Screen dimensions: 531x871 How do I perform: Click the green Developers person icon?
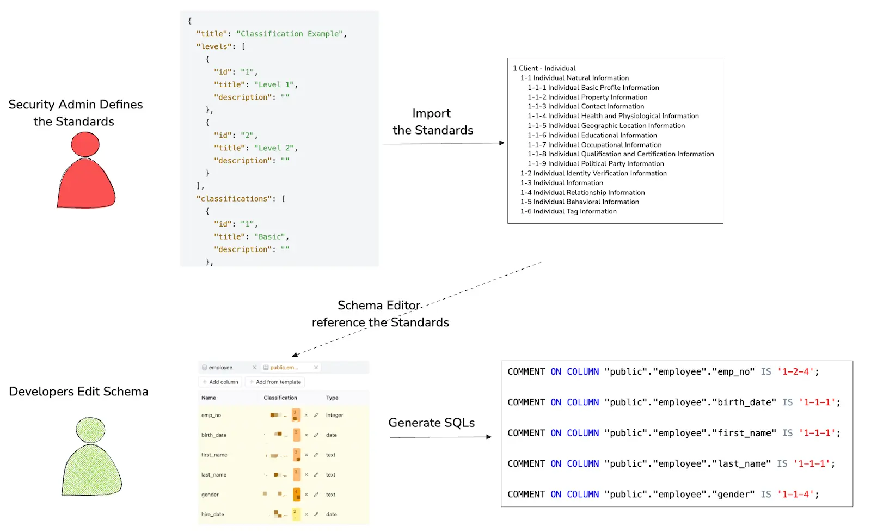(x=91, y=457)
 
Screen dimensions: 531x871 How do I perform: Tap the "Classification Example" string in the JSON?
(x=289, y=34)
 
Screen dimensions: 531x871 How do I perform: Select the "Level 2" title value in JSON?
(x=274, y=148)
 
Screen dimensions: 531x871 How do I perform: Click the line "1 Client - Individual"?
(x=544, y=68)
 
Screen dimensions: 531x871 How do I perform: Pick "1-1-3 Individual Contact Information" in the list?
(x=586, y=107)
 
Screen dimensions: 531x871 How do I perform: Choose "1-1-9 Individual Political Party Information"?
(x=596, y=164)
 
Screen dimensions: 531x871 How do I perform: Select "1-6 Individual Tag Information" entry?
(x=568, y=212)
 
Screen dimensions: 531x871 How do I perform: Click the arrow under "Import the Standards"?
(x=444, y=144)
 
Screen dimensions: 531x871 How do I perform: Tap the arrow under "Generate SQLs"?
(x=440, y=437)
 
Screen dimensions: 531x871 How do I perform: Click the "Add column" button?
(x=220, y=382)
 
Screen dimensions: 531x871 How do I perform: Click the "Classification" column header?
(x=280, y=398)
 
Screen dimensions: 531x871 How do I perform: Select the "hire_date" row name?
(x=213, y=515)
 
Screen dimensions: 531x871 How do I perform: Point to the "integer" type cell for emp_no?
(x=334, y=416)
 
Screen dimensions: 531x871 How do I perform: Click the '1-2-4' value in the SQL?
(x=798, y=372)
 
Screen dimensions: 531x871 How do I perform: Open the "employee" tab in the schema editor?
(x=220, y=368)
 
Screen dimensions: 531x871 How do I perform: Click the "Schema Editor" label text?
(x=379, y=306)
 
